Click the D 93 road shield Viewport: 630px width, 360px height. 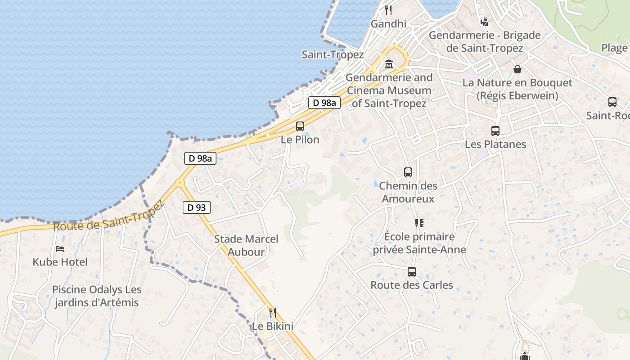click(x=197, y=207)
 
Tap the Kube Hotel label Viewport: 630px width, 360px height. click(x=60, y=262)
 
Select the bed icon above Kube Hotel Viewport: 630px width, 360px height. click(x=60, y=248)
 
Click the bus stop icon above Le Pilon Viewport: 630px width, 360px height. click(x=300, y=126)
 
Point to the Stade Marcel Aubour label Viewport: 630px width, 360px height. click(x=246, y=245)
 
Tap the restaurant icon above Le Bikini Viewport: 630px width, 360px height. click(x=272, y=312)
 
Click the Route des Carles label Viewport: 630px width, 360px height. click(x=412, y=285)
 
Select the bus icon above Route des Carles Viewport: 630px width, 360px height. click(x=412, y=272)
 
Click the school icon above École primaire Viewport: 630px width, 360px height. click(x=419, y=223)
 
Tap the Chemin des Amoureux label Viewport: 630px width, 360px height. click(x=408, y=192)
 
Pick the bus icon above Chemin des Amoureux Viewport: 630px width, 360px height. click(x=408, y=172)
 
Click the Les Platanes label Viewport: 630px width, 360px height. click(x=495, y=144)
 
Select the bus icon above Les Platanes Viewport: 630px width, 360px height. click(x=495, y=131)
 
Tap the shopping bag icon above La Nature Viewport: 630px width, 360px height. click(x=517, y=69)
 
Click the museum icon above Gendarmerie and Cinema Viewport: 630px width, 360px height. click(x=389, y=64)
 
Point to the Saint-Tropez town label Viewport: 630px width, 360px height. click(x=333, y=55)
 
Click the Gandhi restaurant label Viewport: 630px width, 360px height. click(x=388, y=24)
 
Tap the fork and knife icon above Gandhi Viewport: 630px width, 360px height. click(x=388, y=10)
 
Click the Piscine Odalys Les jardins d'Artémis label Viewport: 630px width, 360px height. click(x=97, y=296)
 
